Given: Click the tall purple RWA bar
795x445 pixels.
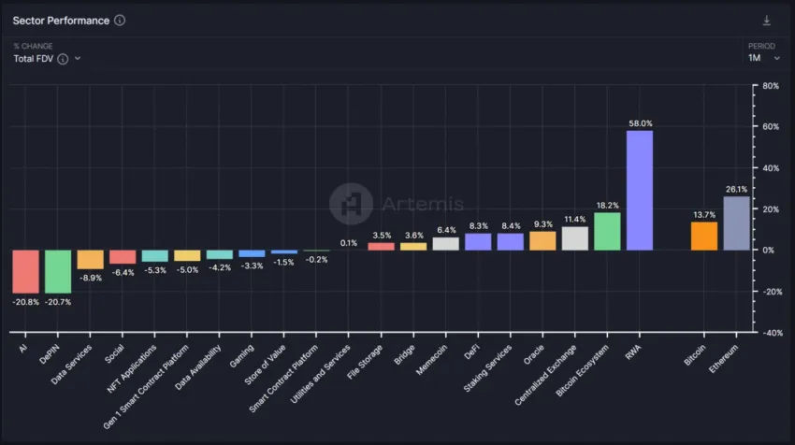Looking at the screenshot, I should [640, 190].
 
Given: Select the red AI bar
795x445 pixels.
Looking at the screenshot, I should [25, 271].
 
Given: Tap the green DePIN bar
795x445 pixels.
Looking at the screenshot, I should [58, 271].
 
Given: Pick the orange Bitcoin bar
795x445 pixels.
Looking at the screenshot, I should [704, 236].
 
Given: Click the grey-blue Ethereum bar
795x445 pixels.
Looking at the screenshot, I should [736, 222].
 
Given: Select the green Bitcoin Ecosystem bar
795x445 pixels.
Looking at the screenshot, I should [607, 231].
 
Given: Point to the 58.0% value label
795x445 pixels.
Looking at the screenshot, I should [640, 123].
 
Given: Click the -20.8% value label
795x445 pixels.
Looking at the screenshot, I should [25, 302].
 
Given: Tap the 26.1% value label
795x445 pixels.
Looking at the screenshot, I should [736, 189].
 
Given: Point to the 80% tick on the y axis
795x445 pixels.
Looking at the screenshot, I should [772, 86].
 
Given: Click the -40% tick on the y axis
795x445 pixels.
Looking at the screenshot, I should [771, 333].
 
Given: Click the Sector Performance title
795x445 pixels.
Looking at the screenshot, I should [61, 21].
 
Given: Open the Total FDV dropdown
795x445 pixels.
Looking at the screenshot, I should [47, 58].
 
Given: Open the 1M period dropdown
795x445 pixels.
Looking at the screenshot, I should [763, 58].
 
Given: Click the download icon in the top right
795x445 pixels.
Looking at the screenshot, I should [767, 21].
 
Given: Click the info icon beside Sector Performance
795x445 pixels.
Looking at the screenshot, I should [120, 21].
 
